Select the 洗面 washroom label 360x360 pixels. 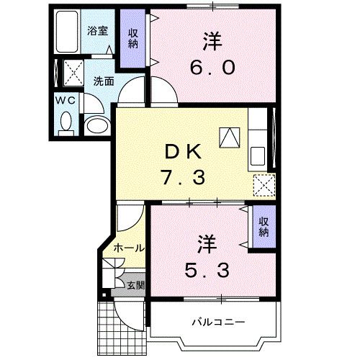[103, 81]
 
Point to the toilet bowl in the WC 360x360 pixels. [66, 124]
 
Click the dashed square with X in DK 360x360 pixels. [264, 185]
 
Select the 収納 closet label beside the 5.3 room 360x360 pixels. [263, 227]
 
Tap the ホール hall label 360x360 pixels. [128, 248]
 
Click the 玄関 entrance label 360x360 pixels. [135, 285]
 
